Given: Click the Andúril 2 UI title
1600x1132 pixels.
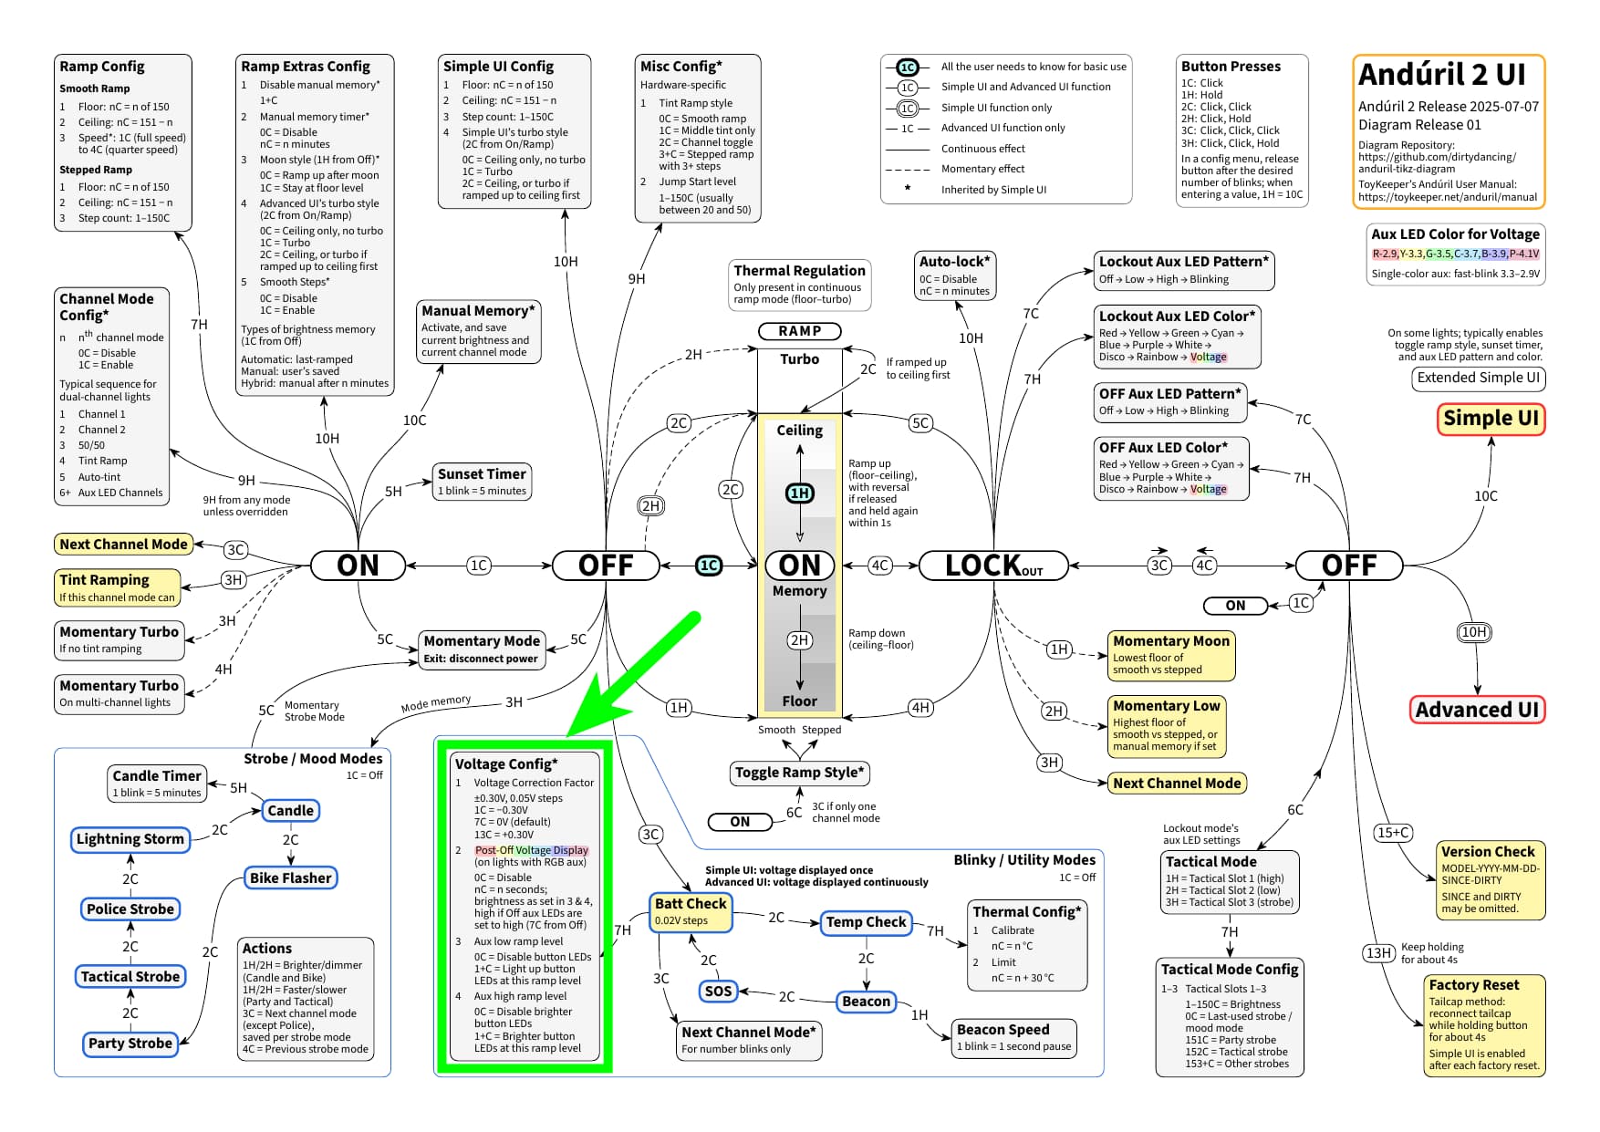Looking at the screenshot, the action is [1441, 74].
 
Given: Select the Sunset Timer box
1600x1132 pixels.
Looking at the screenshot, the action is [482, 482].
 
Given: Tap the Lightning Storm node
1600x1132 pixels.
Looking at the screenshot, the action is [130, 839].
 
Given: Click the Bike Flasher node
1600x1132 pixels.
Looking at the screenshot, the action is [291, 878].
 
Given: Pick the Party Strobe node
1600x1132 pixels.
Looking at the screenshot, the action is [130, 1044].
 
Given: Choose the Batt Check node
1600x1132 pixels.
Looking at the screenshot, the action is [691, 911].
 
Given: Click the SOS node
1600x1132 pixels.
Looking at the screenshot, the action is [719, 991].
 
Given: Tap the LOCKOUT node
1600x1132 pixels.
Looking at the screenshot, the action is [993, 566].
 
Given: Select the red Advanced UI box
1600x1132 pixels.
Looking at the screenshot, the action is [1477, 710].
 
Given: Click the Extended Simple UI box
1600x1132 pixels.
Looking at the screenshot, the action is [1478, 378].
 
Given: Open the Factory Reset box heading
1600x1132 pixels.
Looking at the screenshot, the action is [1473, 985].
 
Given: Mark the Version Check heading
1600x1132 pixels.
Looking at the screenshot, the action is [1488, 851].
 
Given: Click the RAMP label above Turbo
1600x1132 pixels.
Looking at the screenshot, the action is [799, 331].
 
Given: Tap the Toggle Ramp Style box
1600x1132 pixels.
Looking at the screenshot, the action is [800, 774].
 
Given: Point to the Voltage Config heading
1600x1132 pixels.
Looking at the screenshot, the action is [506, 764].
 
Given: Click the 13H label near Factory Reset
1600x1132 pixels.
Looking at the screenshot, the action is [1378, 953].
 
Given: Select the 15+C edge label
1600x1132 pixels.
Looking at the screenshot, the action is [1394, 832].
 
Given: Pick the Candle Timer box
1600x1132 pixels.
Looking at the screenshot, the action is [157, 784].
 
